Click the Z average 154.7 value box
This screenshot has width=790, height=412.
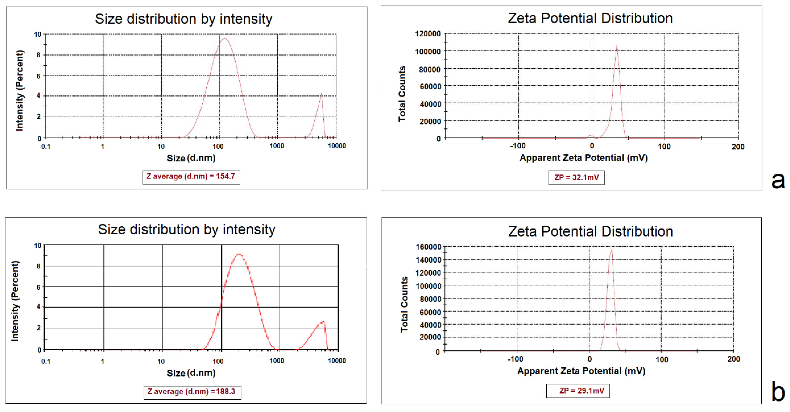click(191, 177)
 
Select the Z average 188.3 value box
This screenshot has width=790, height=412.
click(192, 392)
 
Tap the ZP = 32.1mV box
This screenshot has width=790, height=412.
click(576, 178)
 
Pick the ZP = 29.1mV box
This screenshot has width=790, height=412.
click(578, 391)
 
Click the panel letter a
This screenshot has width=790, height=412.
click(778, 180)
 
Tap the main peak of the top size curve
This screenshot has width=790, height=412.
click(225, 39)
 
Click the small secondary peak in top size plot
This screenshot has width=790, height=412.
click(321, 94)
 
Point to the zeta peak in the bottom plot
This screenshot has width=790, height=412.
click(612, 249)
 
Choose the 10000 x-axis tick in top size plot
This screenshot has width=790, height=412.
click(337, 146)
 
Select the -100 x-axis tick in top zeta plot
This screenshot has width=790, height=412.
click(518, 146)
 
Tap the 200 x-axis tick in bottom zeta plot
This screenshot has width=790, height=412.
click(733, 359)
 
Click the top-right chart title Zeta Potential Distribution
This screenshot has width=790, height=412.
click(590, 18)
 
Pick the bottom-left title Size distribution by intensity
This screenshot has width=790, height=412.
click(186, 229)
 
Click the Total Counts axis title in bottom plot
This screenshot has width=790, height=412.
click(404, 304)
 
